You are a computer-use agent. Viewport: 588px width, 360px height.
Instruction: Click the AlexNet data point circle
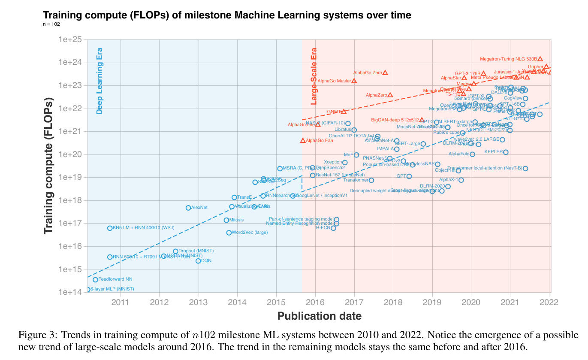coord(188,208)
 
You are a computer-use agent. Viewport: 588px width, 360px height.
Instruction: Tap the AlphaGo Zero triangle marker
coord(385,73)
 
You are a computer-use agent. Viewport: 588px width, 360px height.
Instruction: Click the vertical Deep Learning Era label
coord(100,82)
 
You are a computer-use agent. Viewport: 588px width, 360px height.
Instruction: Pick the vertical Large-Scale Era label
coord(314,76)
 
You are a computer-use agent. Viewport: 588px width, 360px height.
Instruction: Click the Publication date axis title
coord(319,316)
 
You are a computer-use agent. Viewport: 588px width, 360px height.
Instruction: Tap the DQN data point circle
coord(198,261)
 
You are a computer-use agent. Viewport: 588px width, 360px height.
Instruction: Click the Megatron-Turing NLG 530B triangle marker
coord(540,59)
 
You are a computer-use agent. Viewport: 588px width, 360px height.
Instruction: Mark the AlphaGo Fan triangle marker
coord(303,140)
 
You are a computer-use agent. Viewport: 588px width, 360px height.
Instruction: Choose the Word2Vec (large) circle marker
coord(229,233)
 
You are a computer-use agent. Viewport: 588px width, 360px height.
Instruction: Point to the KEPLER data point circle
coord(506,152)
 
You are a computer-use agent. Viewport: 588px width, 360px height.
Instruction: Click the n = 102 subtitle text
coord(51,24)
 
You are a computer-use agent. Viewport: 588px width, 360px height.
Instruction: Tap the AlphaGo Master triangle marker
coord(354,81)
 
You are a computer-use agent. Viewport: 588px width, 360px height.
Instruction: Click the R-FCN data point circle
coord(333,228)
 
